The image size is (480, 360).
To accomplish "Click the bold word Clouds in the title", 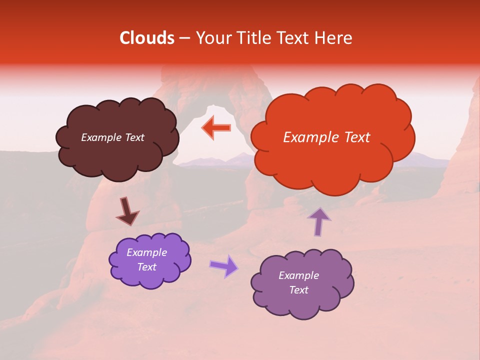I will click(x=147, y=38).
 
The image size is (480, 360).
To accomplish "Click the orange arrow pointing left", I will click(x=216, y=128).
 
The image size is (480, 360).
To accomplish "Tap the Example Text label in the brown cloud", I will click(x=112, y=137).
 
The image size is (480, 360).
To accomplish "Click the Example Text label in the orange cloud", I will click(x=326, y=137).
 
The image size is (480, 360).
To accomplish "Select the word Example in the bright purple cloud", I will click(x=147, y=252).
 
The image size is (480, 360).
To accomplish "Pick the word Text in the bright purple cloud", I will click(x=147, y=267).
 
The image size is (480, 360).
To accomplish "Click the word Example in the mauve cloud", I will click(x=299, y=275).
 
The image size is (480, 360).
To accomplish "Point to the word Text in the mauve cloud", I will click(x=299, y=290).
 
